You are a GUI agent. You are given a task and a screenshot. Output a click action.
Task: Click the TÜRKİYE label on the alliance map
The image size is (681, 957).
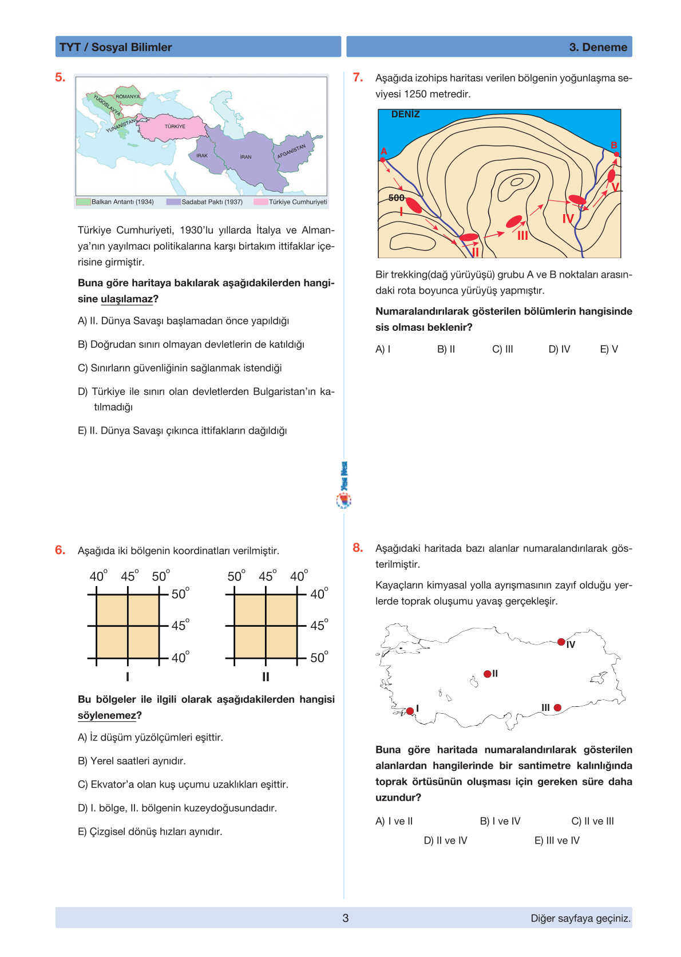(x=175, y=126)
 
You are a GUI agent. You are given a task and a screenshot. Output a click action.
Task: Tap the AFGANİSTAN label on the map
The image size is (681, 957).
(x=291, y=151)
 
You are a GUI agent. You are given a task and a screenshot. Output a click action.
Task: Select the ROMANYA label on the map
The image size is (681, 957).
(x=128, y=97)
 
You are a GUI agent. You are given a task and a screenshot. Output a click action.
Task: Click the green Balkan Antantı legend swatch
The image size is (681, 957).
(x=84, y=202)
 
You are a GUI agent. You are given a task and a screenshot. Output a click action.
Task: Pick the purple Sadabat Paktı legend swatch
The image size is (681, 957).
(x=173, y=202)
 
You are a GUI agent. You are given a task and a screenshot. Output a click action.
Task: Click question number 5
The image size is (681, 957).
(x=60, y=78)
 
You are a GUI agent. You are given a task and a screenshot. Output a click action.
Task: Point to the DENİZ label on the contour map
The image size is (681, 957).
(x=405, y=114)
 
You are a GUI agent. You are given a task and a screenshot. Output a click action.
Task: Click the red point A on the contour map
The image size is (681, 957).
(x=383, y=160)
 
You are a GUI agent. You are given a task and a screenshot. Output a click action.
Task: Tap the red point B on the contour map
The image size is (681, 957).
(x=616, y=155)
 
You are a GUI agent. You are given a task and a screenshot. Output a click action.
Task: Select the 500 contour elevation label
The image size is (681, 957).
(x=396, y=198)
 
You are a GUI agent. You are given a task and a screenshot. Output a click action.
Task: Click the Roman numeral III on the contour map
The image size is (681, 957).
(x=522, y=235)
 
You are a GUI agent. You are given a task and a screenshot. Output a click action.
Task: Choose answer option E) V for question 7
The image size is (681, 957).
(x=609, y=349)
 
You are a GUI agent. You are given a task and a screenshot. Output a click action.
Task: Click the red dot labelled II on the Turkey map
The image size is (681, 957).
(x=487, y=674)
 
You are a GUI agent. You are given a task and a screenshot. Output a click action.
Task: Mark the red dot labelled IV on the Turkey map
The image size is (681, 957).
(x=561, y=642)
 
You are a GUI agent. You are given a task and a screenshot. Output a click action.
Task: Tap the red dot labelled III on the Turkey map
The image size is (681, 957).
(x=557, y=708)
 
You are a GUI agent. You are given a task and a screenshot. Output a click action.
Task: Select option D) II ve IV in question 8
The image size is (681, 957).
(x=445, y=840)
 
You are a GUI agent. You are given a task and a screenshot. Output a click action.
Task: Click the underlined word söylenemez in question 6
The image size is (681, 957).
(x=107, y=715)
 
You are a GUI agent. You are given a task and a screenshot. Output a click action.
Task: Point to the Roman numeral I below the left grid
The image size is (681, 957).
(x=128, y=677)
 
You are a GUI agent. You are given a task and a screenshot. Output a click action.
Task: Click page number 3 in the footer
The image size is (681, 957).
(x=346, y=918)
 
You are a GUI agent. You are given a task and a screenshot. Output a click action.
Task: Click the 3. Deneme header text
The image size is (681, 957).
(x=598, y=48)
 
